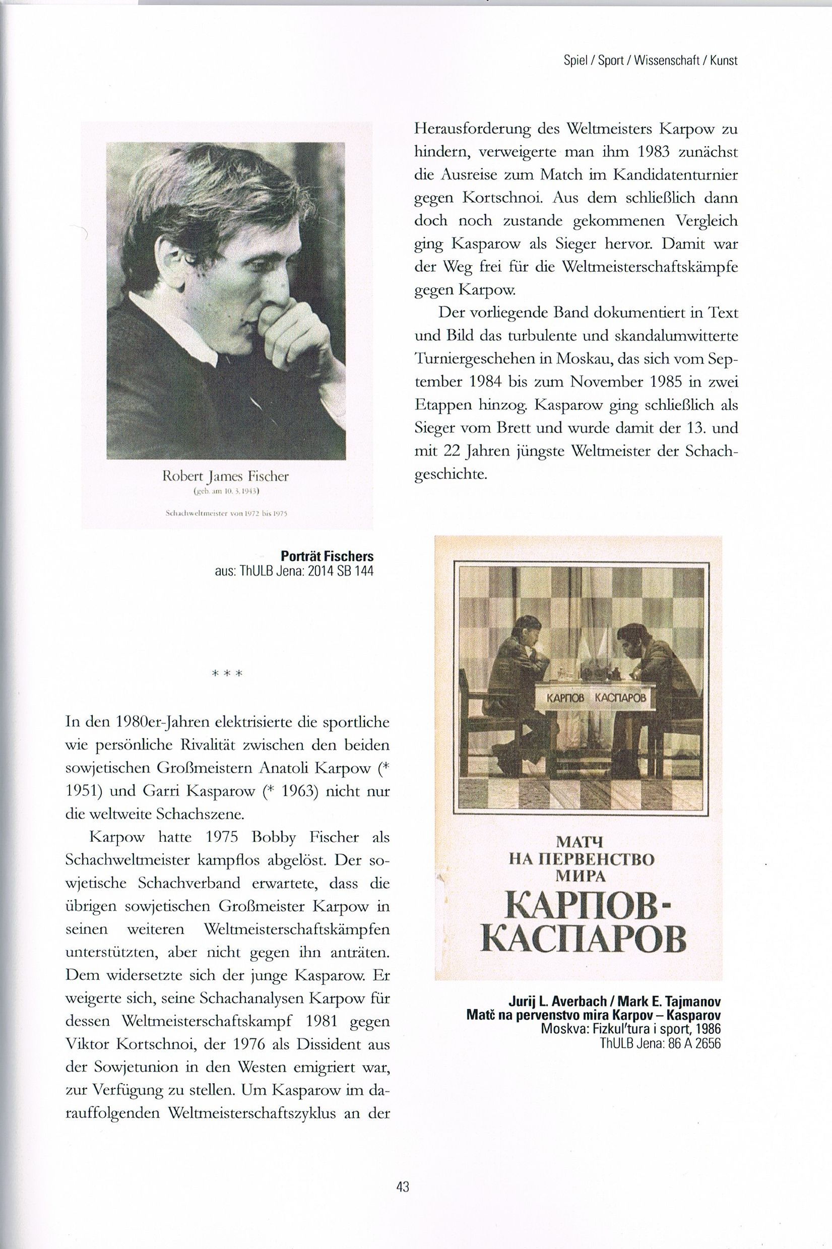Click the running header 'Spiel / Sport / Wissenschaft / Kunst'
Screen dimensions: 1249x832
pyautogui.click(x=651, y=61)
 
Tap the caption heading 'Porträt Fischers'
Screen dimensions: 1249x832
pyautogui.click(x=327, y=556)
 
